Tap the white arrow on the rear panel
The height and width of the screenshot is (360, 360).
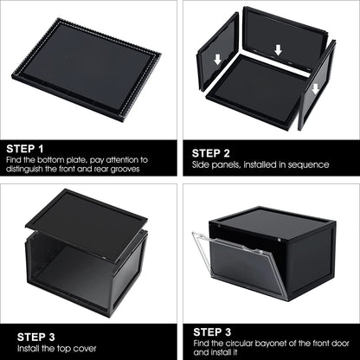277,50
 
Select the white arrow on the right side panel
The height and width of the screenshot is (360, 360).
315,87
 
